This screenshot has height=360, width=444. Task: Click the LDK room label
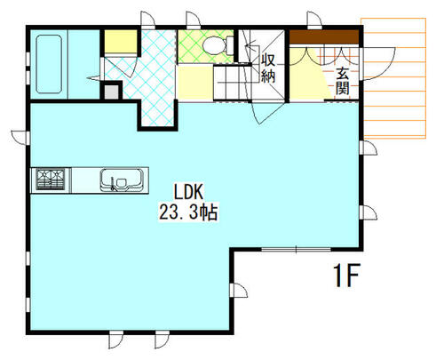point(188,192)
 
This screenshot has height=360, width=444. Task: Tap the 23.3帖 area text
point(188,212)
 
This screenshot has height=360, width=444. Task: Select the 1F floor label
point(346,276)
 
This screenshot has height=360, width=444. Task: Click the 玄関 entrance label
point(342,81)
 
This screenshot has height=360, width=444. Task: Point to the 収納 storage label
point(268,68)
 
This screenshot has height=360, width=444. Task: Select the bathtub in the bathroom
point(49,64)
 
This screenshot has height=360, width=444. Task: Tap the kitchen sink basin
point(121,180)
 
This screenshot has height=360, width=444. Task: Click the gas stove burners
point(51,179)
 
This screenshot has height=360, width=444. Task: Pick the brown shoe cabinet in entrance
point(324,36)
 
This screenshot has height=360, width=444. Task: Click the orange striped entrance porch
point(393,78)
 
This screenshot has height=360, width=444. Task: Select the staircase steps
point(233,82)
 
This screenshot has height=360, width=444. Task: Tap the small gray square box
point(112,92)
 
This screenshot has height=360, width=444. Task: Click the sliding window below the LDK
point(296,250)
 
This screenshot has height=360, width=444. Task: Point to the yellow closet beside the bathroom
point(121,42)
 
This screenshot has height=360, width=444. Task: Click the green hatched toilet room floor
point(206,46)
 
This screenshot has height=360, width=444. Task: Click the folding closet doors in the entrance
point(324,56)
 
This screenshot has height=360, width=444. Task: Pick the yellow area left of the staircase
point(195,83)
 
